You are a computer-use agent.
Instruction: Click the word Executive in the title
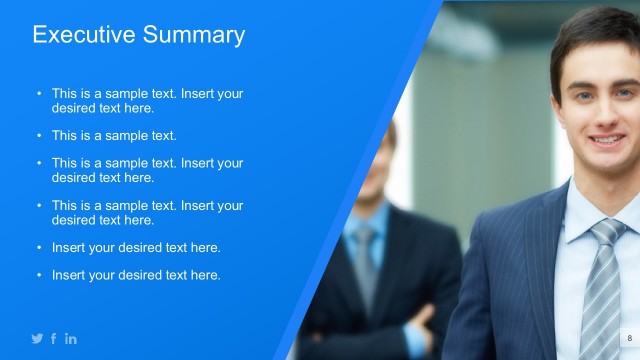pos(81,35)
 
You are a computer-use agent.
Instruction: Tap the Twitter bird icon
pos(37,339)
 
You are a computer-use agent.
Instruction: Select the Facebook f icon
pos(54,339)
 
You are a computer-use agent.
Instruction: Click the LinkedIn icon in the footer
pos(71,339)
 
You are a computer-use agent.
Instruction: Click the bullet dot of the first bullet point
pos(39,94)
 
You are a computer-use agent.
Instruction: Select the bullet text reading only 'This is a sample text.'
pos(114,135)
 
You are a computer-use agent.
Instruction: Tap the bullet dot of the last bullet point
pos(39,275)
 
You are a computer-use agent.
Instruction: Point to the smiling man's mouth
pos(607,140)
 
